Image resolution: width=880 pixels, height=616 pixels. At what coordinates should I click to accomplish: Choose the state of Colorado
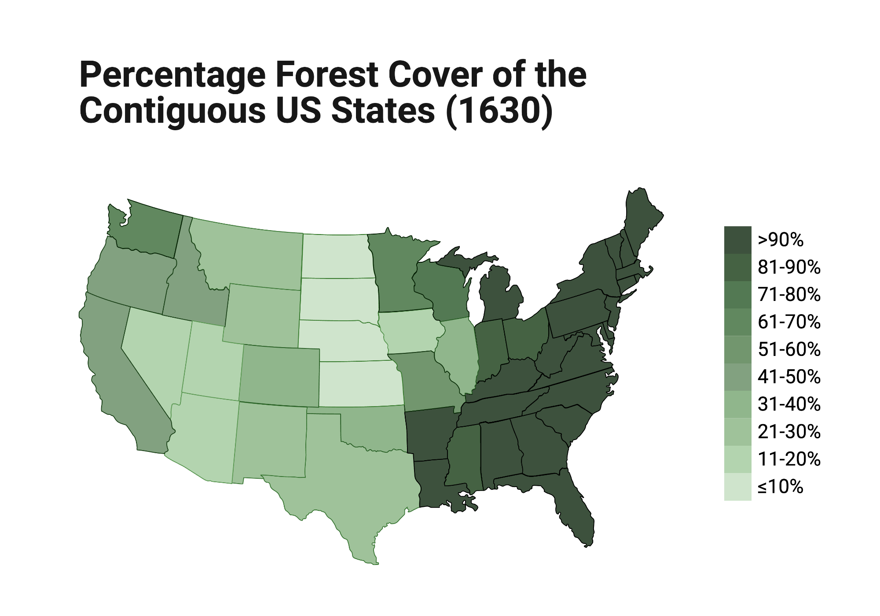tap(280, 376)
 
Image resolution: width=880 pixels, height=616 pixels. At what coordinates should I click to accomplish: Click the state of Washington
tap(150, 231)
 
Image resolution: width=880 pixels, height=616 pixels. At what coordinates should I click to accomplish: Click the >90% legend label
tap(780, 240)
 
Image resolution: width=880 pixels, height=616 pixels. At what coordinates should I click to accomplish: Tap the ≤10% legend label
tap(780, 487)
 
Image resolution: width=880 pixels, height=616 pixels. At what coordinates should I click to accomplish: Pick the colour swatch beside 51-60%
tap(737, 350)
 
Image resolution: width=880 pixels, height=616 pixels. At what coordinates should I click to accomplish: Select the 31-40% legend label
tap(789, 404)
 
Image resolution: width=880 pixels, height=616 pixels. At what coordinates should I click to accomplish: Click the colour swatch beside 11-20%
tap(737, 459)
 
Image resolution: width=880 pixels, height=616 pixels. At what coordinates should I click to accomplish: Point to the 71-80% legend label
tap(789, 295)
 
